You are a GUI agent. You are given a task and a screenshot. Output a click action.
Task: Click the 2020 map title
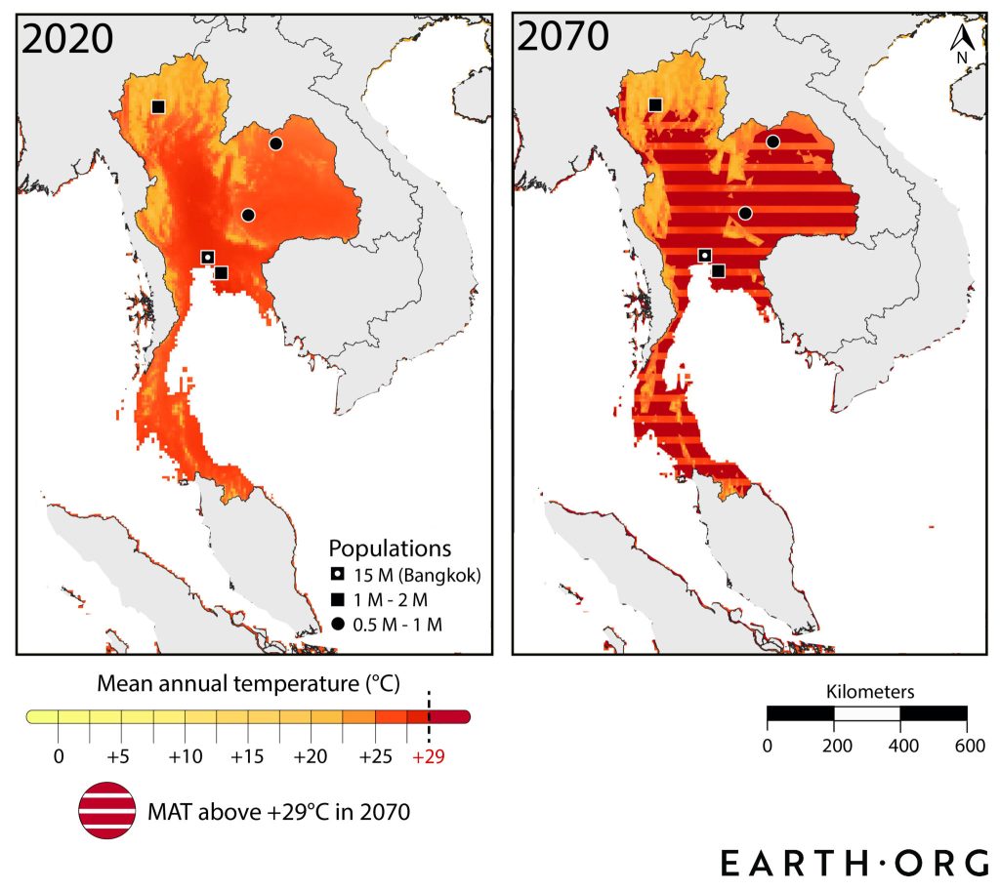67,38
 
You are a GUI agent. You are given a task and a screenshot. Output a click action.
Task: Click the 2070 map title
563,38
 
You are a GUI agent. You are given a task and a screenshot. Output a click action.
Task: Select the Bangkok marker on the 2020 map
207,257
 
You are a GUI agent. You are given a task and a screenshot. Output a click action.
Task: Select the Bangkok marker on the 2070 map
704,256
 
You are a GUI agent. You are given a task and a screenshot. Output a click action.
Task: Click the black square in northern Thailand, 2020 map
158,106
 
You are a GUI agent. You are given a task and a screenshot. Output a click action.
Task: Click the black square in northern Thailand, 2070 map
655,105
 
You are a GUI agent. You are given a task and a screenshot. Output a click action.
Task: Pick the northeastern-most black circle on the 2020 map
275,143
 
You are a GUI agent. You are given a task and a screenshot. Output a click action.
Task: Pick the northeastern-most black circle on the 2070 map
772,142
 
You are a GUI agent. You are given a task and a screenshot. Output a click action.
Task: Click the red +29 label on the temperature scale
429,756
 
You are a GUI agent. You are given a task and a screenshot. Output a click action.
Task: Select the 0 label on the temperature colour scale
59,756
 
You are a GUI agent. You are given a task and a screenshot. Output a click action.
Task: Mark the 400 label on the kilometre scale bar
899,747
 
